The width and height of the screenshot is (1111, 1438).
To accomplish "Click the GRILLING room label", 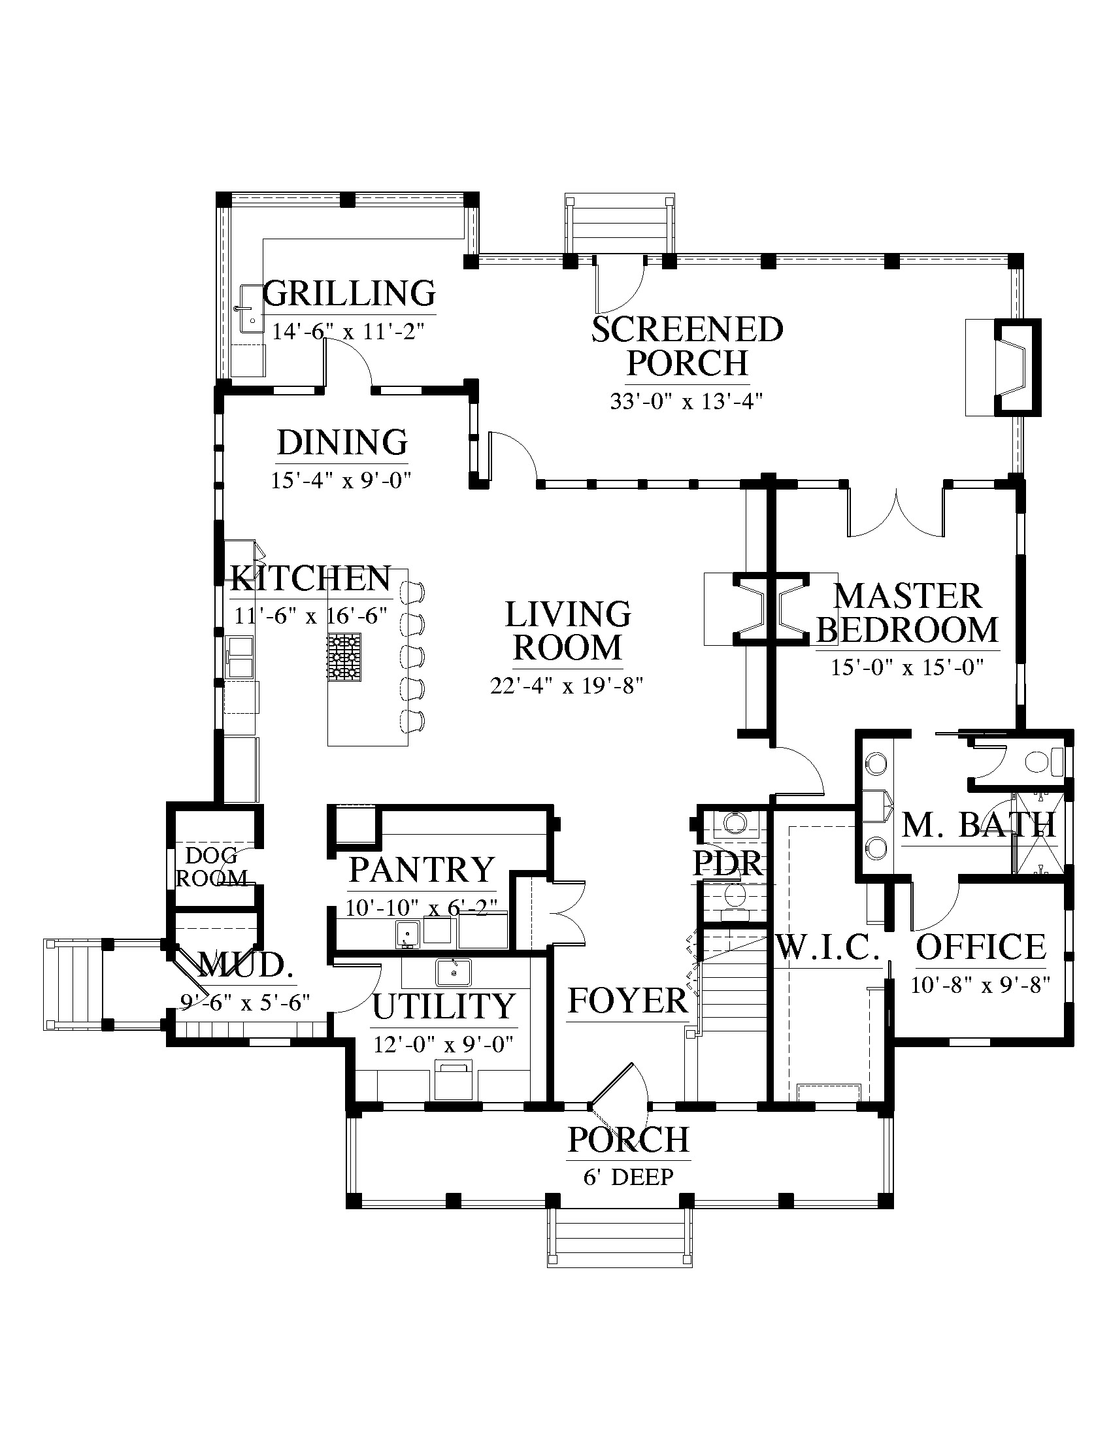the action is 350,293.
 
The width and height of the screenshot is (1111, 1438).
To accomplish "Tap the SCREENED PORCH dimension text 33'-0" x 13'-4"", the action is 686,401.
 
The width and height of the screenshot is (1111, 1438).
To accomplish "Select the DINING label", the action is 342,443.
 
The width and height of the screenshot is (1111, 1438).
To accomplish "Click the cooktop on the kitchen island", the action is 344,657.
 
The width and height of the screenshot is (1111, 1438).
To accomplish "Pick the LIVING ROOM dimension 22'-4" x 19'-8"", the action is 566,686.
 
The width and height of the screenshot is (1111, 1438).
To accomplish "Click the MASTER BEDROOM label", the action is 908,613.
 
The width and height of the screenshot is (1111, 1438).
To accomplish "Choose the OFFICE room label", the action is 981,948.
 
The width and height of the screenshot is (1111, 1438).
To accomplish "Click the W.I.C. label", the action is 828,948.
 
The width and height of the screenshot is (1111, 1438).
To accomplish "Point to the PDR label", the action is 728,864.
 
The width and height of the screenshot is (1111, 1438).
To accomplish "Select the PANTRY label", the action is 422,870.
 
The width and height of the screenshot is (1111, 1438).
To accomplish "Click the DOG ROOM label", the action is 211,867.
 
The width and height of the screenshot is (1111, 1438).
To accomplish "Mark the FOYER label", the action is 627,1001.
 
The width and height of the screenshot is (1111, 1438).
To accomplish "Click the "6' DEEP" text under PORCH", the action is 629,1177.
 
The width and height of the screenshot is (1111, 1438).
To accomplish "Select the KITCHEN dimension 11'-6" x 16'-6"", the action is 310,616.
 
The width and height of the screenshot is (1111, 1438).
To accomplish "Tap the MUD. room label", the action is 245,965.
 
